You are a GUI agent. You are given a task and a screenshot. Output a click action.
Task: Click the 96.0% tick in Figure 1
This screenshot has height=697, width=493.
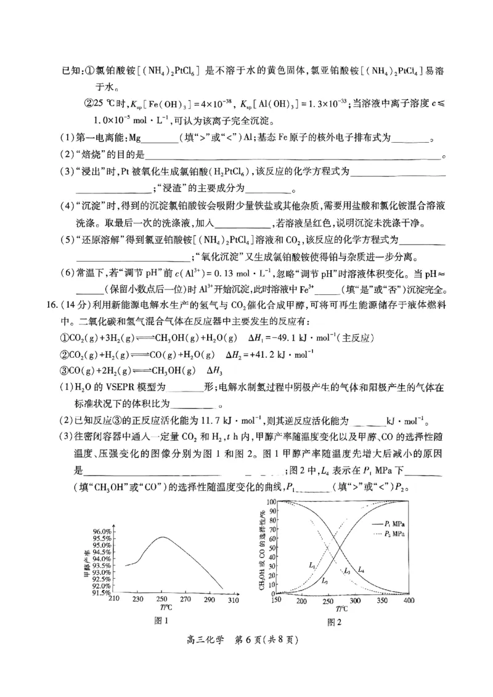pos(100,531)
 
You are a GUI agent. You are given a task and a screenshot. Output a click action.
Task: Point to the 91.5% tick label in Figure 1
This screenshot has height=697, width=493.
pos(100,592)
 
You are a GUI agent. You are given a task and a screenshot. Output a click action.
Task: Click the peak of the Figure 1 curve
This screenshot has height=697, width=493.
pos(161,537)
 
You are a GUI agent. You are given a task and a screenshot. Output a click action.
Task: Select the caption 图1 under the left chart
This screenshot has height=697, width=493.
pos(161,621)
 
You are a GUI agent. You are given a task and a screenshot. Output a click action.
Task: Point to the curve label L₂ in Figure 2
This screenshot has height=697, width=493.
pos(325,580)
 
